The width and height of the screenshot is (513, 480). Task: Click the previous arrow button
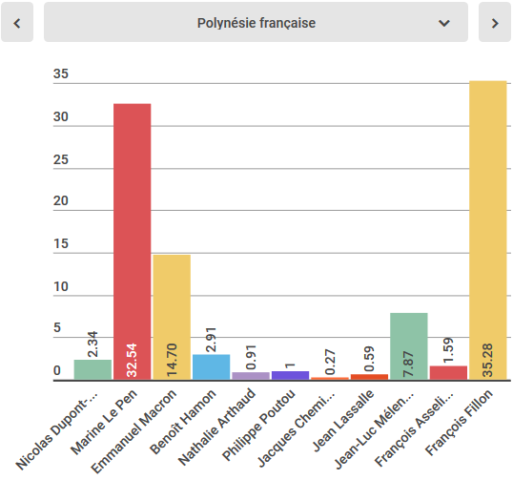pyautogui.click(x=17, y=23)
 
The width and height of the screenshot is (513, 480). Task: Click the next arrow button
pyautogui.click(x=494, y=23)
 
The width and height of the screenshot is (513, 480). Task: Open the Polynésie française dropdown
pyautogui.click(x=256, y=23)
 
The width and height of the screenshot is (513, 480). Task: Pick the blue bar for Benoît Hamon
pyautogui.click(x=212, y=367)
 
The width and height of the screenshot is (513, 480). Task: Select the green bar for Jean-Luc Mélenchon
pyautogui.click(x=409, y=346)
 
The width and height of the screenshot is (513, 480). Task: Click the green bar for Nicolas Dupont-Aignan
pyautogui.click(x=92, y=370)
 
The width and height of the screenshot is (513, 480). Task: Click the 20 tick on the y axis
pyautogui.click(x=61, y=201)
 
